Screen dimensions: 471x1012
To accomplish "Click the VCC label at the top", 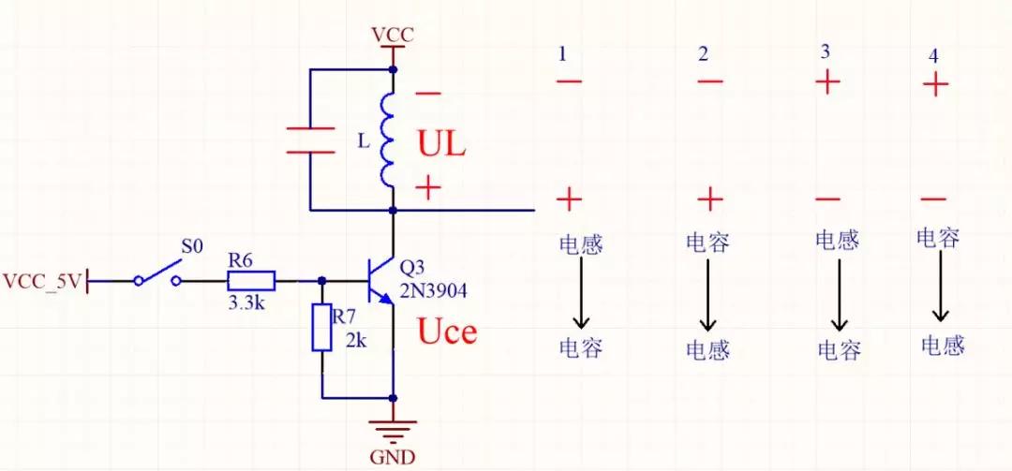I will [392, 36].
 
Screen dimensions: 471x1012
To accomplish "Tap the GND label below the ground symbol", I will [393, 458].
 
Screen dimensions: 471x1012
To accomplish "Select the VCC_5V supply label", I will [43, 280].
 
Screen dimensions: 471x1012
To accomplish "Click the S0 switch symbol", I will [159, 274].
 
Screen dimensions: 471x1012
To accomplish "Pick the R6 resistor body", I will [250, 280].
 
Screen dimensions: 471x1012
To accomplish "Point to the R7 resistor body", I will [321, 328].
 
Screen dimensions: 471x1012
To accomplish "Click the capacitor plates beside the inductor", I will [309, 140].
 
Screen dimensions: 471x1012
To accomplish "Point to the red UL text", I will [441, 145].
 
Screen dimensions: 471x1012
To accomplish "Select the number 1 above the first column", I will [562, 54].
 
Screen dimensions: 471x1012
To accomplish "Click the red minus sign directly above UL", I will [427, 94].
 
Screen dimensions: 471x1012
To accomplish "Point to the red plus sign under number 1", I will [569, 199].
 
